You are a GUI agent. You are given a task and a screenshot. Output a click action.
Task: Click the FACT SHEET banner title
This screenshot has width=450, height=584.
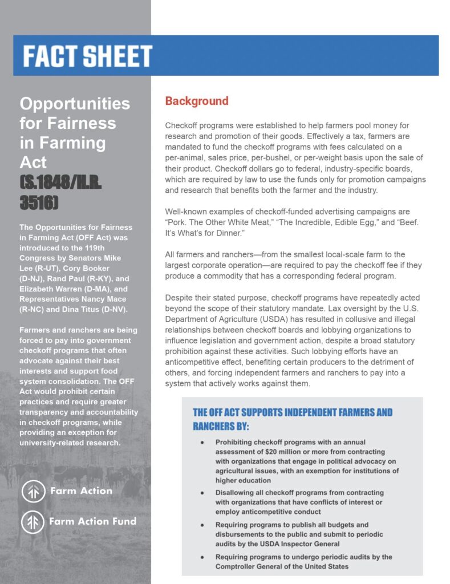point(87,56)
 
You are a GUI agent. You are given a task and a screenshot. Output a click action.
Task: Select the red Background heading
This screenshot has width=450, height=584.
point(196,102)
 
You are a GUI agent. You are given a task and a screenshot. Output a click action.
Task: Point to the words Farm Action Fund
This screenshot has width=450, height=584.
point(92,521)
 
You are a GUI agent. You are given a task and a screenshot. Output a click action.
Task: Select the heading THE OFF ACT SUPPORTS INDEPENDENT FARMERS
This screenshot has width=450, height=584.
point(293,412)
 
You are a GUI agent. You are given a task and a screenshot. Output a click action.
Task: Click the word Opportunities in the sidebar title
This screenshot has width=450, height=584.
point(75,103)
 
